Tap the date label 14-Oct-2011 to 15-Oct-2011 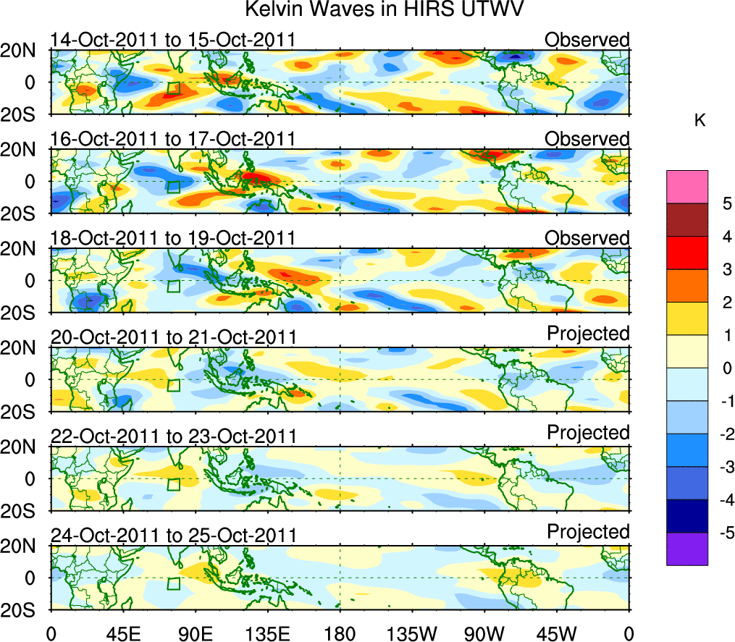(x=172, y=40)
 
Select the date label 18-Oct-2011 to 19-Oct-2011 (x=172, y=238)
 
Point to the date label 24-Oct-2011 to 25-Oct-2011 (x=173, y=536)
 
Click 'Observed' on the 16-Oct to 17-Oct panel (x=587, y=138)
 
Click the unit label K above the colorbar (x=700, y=120)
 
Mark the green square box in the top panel (x=173, y=89)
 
